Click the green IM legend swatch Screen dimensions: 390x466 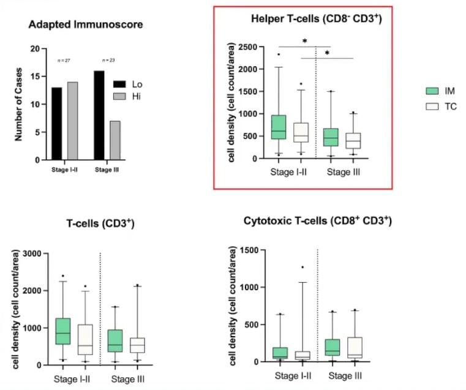432,91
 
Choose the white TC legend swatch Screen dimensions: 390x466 432,107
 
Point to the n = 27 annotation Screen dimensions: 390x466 64,60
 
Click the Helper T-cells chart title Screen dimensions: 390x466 317,19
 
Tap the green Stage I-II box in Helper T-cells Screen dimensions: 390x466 279,127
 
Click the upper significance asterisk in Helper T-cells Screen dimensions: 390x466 305,42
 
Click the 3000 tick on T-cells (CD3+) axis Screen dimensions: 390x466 32,253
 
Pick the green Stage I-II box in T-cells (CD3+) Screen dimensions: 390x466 62,331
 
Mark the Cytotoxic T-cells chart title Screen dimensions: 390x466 317,220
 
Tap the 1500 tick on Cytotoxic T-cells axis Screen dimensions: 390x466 249,249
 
